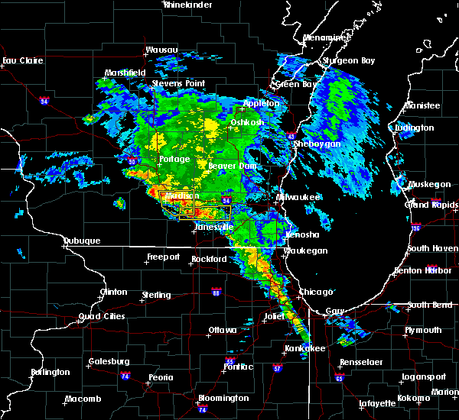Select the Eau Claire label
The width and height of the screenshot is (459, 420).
[20, 60]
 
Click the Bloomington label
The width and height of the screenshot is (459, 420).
[223, 398]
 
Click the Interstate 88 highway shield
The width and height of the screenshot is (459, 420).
[216, 292]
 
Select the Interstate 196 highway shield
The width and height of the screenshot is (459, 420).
[437, 227]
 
